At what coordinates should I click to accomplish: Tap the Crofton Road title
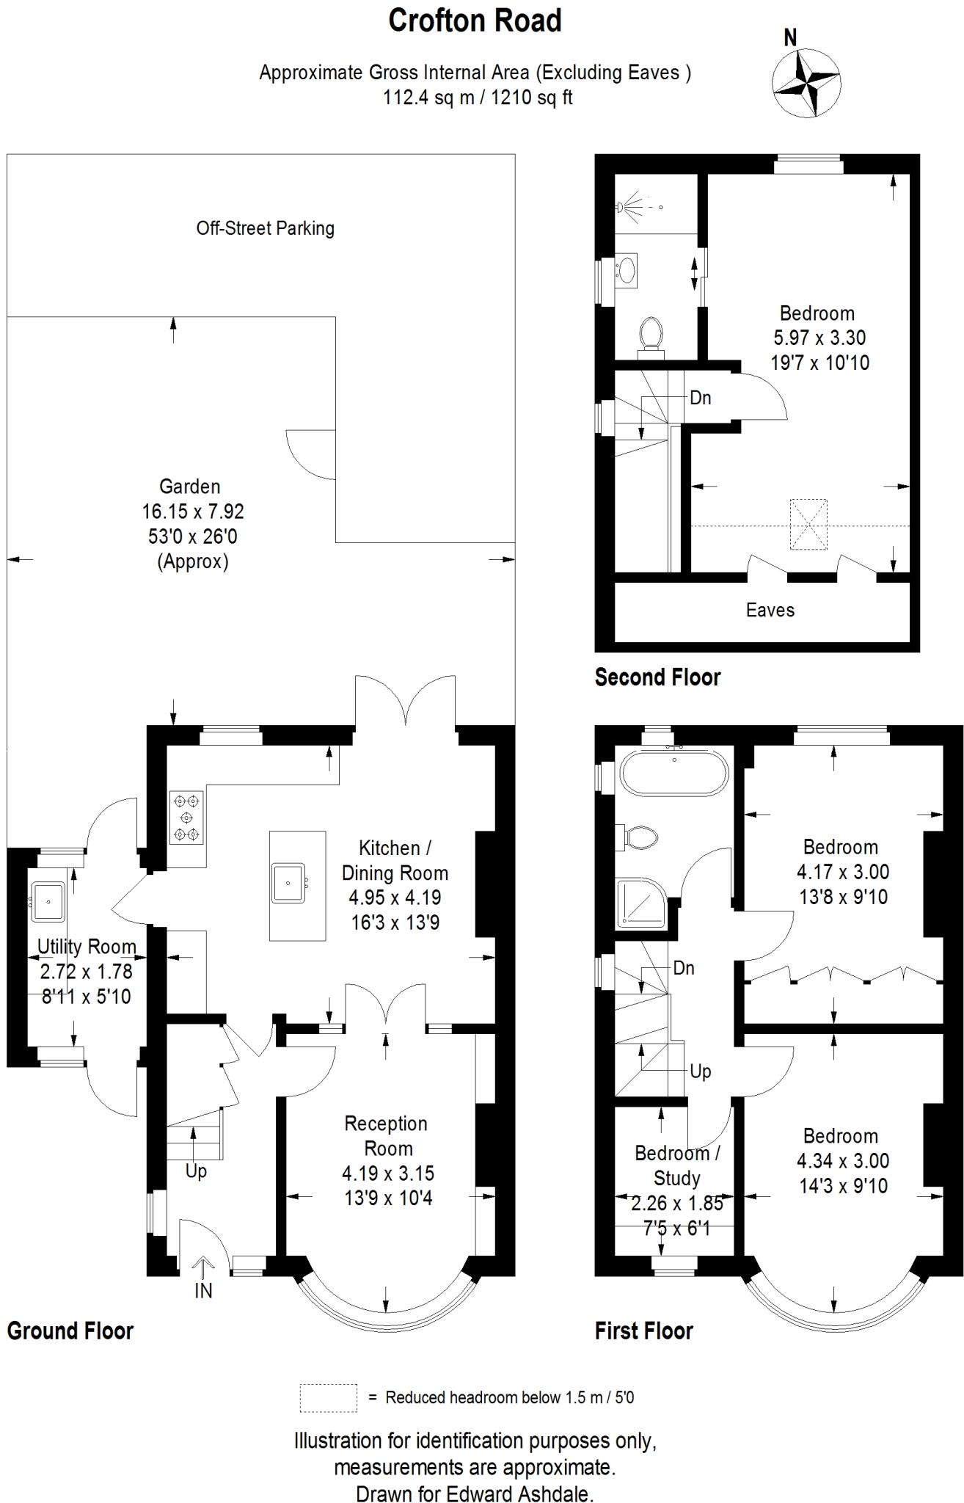475,21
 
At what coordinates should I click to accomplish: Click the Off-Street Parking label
265,228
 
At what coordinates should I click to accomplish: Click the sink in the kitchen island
289,883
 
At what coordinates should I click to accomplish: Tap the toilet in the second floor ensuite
650,335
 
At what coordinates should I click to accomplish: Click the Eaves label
770,610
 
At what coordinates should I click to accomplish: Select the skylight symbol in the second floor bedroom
808,524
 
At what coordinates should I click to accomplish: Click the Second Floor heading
657,677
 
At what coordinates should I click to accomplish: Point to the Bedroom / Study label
676,1165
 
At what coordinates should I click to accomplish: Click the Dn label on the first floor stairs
684,968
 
